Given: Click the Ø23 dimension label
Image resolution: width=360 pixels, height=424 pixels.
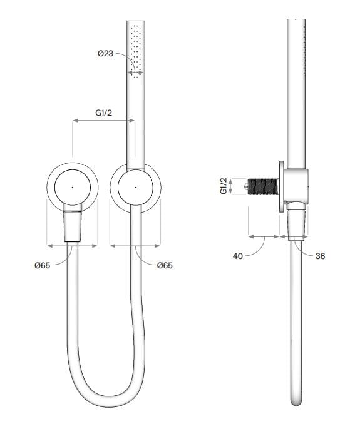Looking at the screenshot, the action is [106, 53].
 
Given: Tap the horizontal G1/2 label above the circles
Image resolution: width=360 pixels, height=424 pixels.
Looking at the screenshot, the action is [104, 113].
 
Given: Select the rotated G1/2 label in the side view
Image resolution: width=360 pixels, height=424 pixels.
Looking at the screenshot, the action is [224, 186].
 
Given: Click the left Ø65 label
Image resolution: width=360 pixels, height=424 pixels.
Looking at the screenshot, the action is [43, 265].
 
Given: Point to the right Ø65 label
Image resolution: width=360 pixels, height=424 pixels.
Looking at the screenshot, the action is [165, 265].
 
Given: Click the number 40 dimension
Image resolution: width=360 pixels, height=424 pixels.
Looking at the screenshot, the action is [238, 256].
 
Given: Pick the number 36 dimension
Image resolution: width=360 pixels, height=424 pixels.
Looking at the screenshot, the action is [320, 256].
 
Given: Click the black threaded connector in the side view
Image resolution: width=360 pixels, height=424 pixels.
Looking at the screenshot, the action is [264, 186].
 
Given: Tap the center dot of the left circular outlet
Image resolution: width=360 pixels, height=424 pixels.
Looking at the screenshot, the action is [72, 187].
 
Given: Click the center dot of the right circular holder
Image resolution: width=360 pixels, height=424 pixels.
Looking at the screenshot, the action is [136, 187].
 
